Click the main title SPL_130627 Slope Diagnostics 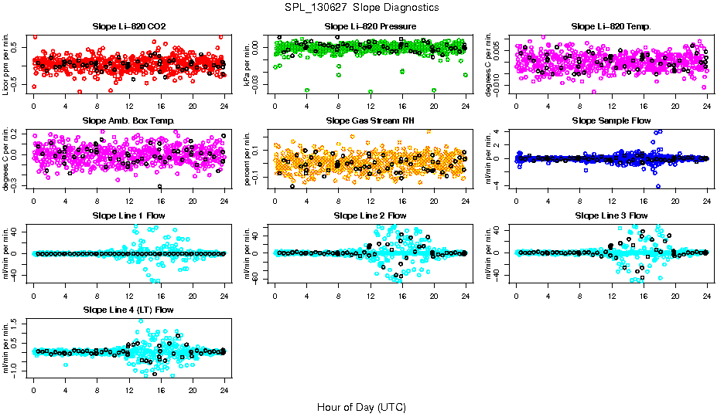pos(361,7)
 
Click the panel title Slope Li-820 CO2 pos(128,27)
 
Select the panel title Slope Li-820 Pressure pos(370,27)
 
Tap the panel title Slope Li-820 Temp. pos(611,27)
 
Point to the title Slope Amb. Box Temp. pos(128,121)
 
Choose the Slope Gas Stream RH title pos(370,121)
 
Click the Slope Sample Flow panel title pos(611,121)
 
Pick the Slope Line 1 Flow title pos(128,215)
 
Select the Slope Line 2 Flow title pos(370,215)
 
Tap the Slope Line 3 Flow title pos(611,215)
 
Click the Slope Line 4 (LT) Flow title pos(128,310)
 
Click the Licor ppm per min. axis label pos(7,64)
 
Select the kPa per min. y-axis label pos(248,64)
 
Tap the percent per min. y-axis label pos(248,158)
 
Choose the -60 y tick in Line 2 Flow pos(261,278)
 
